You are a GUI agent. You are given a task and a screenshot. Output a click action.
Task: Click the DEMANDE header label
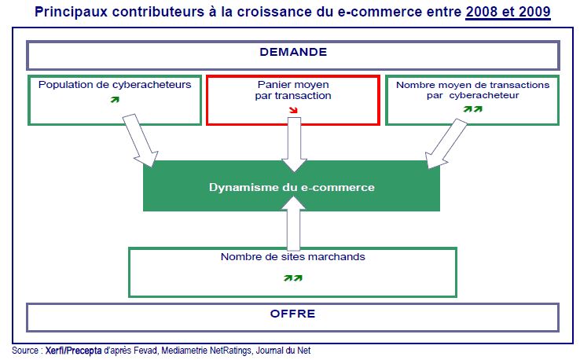point(292,53)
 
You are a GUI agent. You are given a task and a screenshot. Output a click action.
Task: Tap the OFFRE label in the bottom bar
point(292,314)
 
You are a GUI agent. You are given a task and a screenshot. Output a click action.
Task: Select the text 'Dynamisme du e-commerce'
point(292,187)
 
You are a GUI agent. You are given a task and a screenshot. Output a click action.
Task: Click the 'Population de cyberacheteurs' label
point(115,84)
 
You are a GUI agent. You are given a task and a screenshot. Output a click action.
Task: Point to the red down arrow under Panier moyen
point(293,110)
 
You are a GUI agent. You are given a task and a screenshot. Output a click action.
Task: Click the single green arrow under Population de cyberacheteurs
point(115,100)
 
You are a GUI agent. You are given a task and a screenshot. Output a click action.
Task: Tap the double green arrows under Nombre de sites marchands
point(292,277)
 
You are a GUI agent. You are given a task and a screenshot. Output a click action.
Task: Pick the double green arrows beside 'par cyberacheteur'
point(472,108)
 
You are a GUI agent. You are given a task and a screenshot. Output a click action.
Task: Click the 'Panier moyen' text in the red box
point(293,83)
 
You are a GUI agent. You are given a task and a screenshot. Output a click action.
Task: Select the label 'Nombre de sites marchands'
point(292,256)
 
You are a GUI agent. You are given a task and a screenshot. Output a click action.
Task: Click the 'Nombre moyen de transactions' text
point(472,84)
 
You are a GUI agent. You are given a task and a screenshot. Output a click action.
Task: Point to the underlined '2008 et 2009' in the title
point(508,13)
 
